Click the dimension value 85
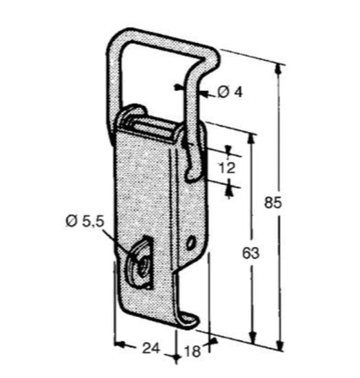(x=273, y=202)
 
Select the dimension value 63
(x=250, y=253)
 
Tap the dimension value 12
(x=227, y=168)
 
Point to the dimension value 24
(x=151, y=348)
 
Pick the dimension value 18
(x=193, y=351)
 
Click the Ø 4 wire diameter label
(x=230, y=93)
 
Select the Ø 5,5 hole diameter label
(x=84, y=222)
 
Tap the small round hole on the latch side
(x=190, y=243)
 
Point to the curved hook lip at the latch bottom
(x=189, y=320)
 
